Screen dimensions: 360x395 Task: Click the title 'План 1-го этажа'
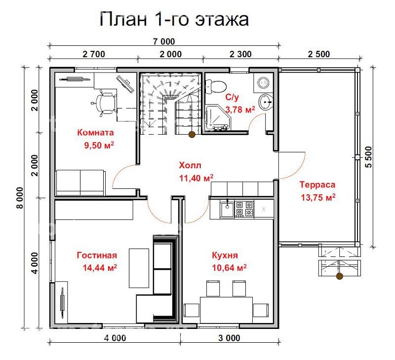(174, 19)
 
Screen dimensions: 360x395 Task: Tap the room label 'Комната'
(95, 133)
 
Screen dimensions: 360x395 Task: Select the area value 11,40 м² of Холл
(196, 178)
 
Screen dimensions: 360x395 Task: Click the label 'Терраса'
(317, 185)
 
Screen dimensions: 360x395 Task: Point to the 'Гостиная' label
(97, 255)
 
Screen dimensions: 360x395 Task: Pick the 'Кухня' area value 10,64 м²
(229, 268)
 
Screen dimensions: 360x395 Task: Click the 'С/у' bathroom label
(233, 98)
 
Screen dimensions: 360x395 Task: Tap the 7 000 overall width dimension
(164, 41)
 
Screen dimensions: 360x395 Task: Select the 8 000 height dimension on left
(20, 198)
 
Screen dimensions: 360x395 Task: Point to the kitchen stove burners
(243, 209)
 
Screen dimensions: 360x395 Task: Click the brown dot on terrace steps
(340, 277)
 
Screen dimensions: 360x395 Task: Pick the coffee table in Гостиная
(139, 268)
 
